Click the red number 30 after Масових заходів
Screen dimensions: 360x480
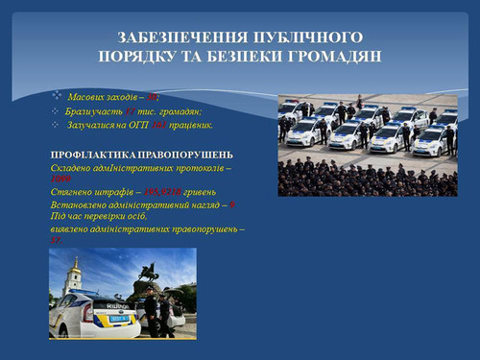click(153, 98)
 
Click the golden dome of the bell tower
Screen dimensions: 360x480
click(73, 264)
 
